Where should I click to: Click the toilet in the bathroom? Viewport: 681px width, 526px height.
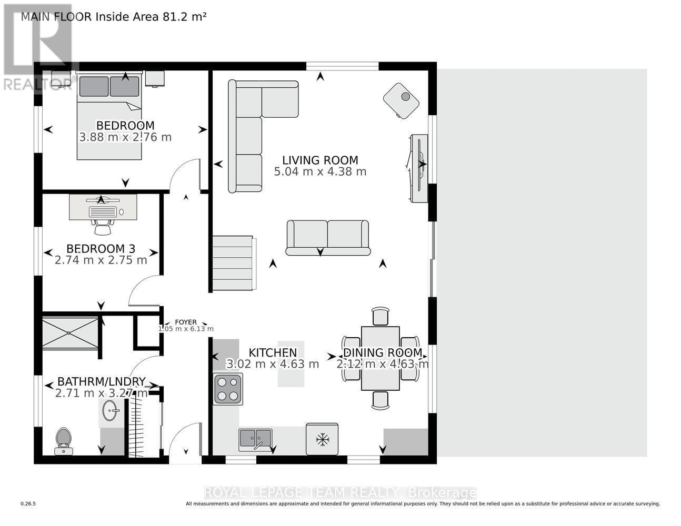point(63,439)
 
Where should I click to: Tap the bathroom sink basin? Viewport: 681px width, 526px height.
point(111,410)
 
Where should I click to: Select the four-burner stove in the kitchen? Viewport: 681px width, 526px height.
point(228,389)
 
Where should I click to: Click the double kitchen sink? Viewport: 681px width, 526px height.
point(255,438)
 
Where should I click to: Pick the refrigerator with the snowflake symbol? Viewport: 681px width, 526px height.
point(322,439)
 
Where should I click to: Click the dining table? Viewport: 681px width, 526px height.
point(380,358)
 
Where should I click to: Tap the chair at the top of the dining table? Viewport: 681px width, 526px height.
point(380,317)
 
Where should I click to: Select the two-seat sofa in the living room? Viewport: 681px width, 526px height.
point(327,237)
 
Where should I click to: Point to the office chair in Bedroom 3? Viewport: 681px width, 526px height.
point(103,226)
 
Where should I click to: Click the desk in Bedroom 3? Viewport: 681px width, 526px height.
point(103,207)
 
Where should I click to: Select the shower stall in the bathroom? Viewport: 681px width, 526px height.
point(70,332)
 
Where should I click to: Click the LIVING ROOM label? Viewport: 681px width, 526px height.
point(320,160)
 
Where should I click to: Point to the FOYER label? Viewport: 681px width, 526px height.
point(186,322)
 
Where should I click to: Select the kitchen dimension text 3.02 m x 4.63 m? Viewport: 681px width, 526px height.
point(272,364)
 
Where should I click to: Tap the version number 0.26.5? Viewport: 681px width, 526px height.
point(28,503)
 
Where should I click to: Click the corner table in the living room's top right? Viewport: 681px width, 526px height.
point(402,100)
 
